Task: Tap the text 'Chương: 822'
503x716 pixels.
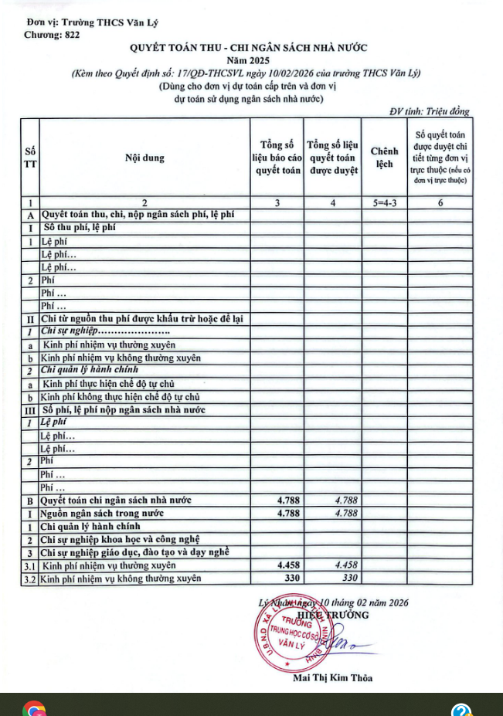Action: (x=52, y=35)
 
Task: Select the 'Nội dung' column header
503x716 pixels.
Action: (x=144, y=158)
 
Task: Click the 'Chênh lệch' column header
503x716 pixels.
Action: (x=384, y=158)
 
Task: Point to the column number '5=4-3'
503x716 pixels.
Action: (x=384, y=202)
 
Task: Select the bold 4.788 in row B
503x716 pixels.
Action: (x=287, y=501)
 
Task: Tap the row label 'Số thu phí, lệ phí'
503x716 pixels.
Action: (x=79, y=228)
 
